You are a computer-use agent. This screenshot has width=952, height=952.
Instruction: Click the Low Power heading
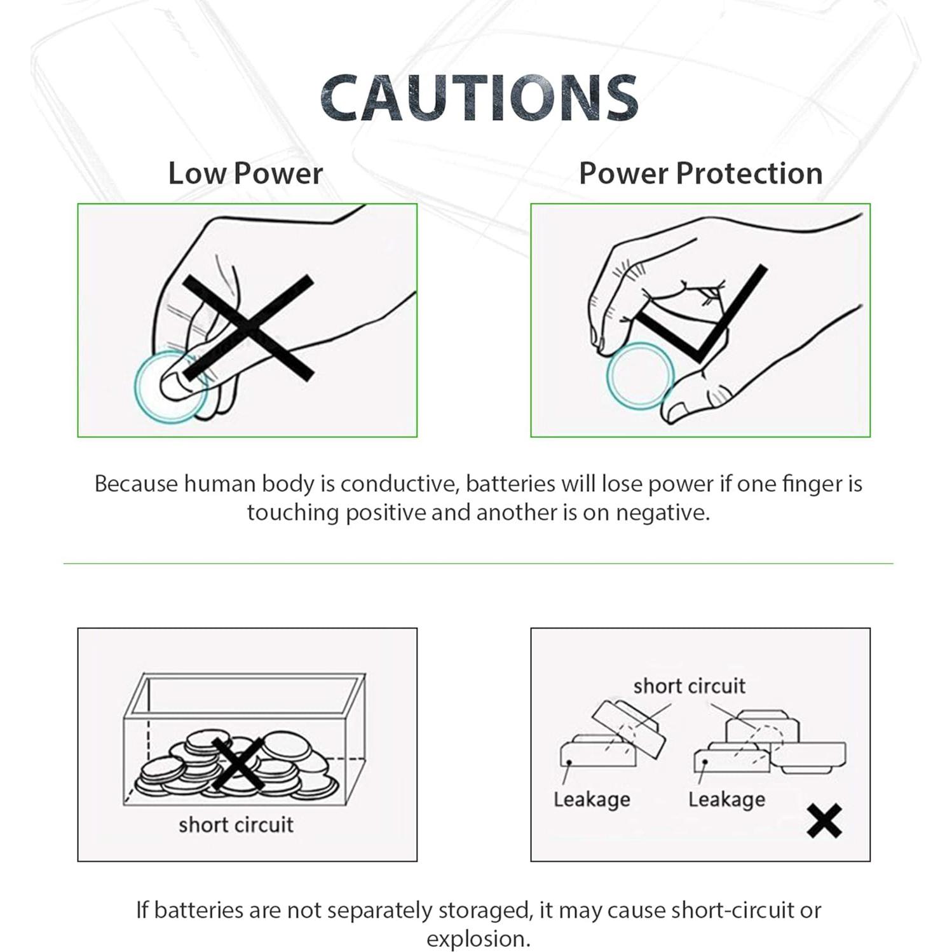point(245,173)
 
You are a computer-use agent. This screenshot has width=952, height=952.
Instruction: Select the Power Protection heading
point(700,173)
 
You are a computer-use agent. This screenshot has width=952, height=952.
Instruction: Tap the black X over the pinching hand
point(248,328)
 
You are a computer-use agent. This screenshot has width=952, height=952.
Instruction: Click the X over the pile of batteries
point(238,764)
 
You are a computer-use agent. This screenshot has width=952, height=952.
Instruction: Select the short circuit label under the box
point(236,824)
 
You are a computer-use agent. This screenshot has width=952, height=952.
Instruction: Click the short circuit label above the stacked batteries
point(689,686)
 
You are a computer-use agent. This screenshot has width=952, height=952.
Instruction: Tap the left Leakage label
point(592,799)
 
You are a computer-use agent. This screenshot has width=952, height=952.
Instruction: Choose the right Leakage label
point(726,799)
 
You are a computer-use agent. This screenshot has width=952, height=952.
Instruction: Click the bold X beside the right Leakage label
point(824,820)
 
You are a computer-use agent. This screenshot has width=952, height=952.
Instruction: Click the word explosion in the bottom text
point(478,939)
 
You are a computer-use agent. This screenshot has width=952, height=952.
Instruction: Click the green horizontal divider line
point(478,563)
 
